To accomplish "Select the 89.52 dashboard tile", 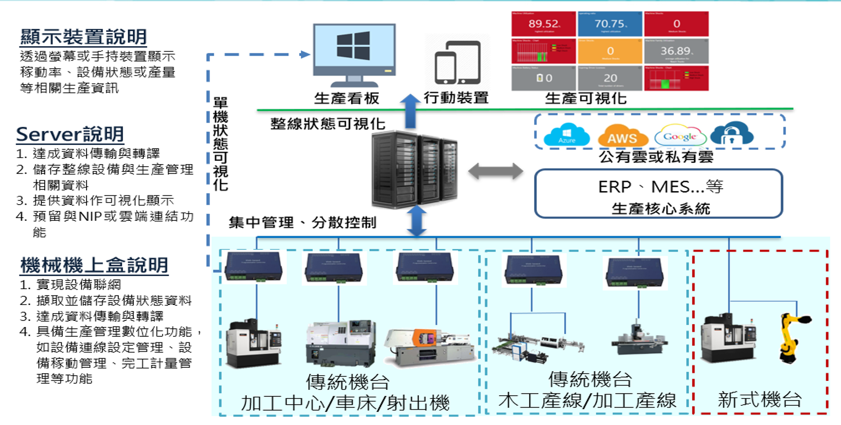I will (x=543, y=25).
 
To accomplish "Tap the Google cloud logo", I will (x=680, y=136).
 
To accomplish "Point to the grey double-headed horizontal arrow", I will (x=495, y=171).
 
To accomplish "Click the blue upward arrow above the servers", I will (x=409, y=110).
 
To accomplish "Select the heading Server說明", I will (x=69, y=134).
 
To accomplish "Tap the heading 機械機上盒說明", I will (x=94, y=266).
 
